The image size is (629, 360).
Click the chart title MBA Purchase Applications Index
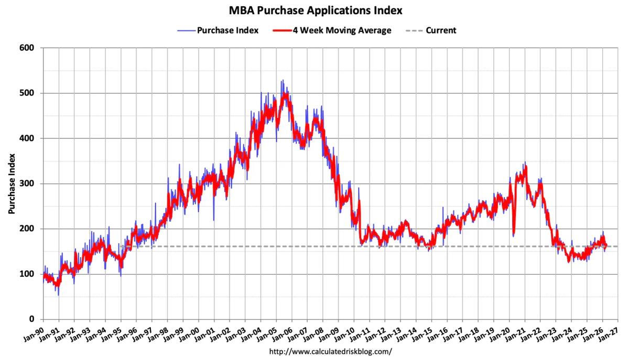tap(315, 10)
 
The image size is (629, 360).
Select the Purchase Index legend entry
tap(227, 30)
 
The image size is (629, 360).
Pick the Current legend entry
tap(440, 30)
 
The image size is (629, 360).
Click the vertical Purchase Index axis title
tap(11, 184)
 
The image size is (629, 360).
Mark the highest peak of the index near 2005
tap(282, 80)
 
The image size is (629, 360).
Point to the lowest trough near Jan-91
tap(58, 295)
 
